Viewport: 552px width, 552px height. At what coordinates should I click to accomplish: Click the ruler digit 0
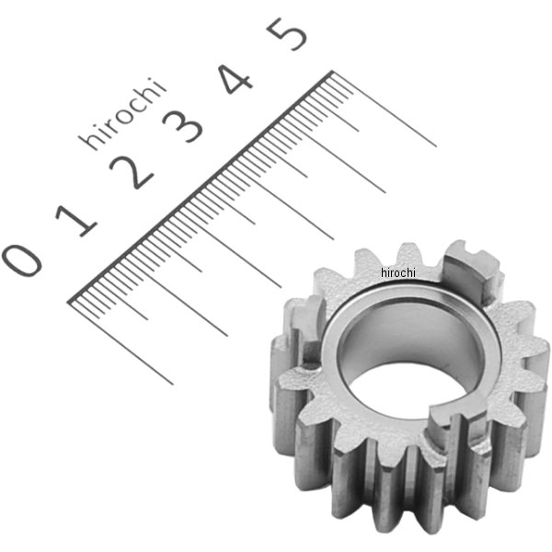(x=22, y=259)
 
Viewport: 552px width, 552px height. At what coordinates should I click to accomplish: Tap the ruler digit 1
(x=76, y=220)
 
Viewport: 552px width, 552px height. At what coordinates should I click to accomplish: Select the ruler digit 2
(x=131, y=172)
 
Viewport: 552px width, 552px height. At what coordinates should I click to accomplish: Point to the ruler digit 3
(x=182, y=126)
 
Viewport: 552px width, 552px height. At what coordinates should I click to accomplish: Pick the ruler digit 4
(x=236, y=79)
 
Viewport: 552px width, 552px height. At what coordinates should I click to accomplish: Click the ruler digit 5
(x=287, y=33)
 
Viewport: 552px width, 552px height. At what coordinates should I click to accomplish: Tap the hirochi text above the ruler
(x=121, y=114)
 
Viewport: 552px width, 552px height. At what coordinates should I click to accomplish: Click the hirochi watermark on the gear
(x=398, y=272)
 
